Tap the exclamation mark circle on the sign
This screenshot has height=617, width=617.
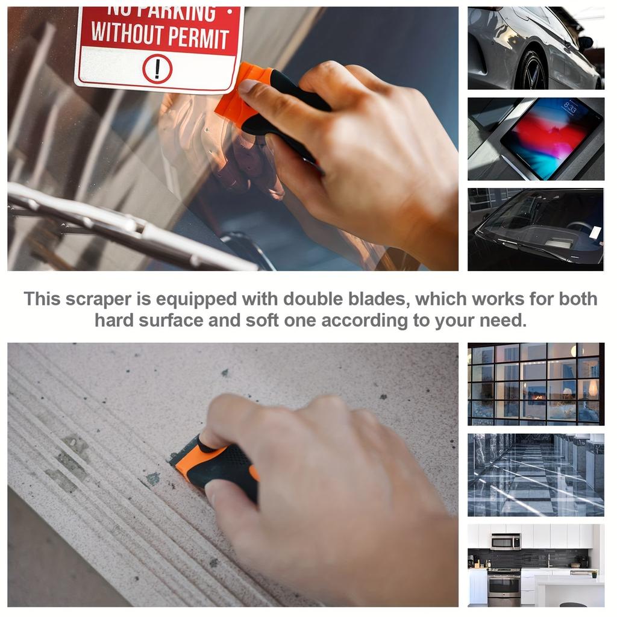point(157,69)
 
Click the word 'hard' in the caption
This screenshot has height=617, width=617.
point(114,321)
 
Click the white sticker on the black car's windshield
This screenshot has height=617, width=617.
point(595,233)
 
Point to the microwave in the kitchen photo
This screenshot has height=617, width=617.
point(506,541)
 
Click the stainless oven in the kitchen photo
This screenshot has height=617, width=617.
point(504,587)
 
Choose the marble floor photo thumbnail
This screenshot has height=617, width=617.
point(536,474)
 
